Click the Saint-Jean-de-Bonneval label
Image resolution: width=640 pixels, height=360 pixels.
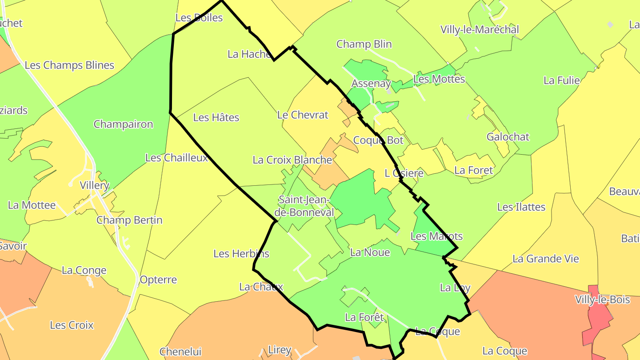point(306,206)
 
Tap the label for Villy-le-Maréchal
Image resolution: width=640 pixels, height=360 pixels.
point(480,30)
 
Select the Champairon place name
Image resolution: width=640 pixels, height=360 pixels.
point(123,124)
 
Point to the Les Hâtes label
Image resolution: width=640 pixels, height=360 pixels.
point(216,118)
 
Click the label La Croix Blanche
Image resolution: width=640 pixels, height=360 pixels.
point(292,160)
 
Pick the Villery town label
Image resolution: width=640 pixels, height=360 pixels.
point(94,185)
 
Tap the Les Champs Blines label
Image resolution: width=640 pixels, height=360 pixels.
point(69,65)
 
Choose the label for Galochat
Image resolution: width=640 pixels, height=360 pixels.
point(508,137)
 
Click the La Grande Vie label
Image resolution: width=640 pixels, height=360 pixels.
point(546,259)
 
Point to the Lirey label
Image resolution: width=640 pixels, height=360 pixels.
point(280,350)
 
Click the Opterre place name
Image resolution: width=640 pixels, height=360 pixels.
point(158,280)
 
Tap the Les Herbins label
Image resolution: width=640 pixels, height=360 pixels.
point(241,254)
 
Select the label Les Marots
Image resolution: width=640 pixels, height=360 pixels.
point(436,236)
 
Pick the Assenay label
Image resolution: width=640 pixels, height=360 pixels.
point(371,84)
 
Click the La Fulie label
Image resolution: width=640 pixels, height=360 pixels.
point(562,80)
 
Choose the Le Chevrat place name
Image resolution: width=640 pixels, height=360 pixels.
point(303,115)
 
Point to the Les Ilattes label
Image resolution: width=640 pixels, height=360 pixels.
point(521,207)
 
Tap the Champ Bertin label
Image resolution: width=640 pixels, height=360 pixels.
point(129,220)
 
